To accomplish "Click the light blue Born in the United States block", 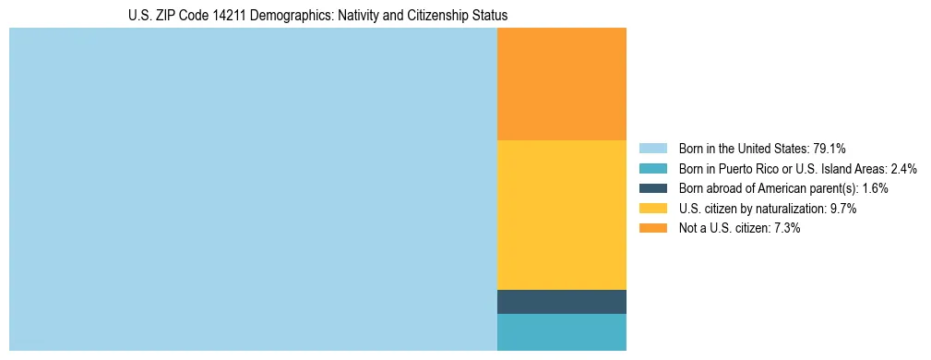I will tap(253, 189).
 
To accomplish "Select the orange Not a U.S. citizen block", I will tap(561, 84).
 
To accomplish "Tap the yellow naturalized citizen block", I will tap(561, 215).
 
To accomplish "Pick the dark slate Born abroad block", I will tap(561, 302).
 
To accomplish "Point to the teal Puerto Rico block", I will tap(561, 332).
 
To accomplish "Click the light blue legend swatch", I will tap(652, 149).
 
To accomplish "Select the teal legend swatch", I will tap(652, 169).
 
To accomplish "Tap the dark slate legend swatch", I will tap(652, 188).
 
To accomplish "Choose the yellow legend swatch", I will tap(652, 209).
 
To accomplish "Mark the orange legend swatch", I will tap(652, 229).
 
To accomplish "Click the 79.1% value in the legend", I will tap(829, 149).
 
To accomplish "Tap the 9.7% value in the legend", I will tap(843, 209).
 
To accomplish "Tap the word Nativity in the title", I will tap(370, 16).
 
